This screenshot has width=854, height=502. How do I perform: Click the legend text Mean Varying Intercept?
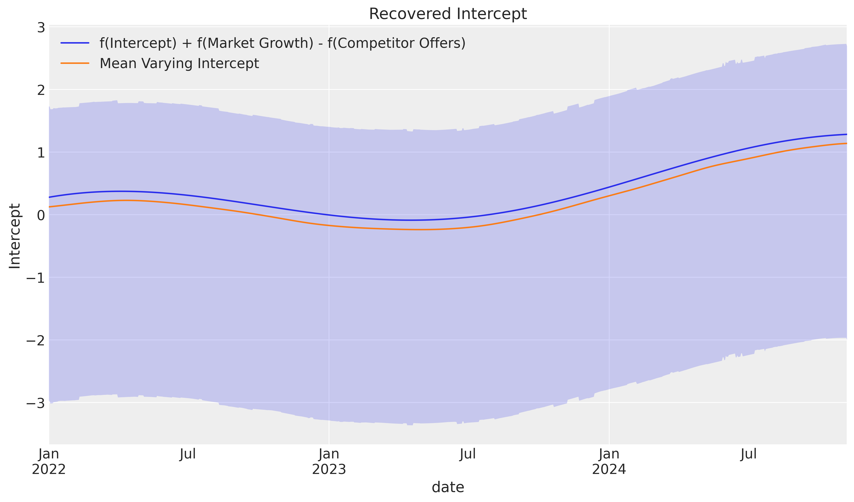[179, 63]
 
